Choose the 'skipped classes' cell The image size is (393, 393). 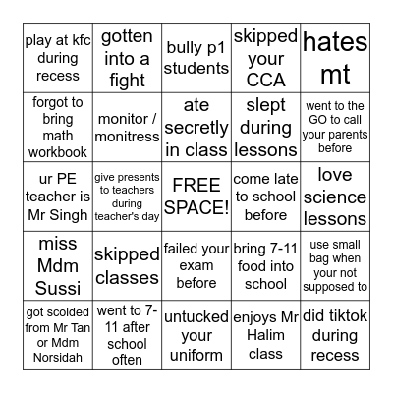pos(128,265)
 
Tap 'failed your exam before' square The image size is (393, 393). pos(196,265)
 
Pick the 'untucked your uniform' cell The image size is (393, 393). pos(196,334)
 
